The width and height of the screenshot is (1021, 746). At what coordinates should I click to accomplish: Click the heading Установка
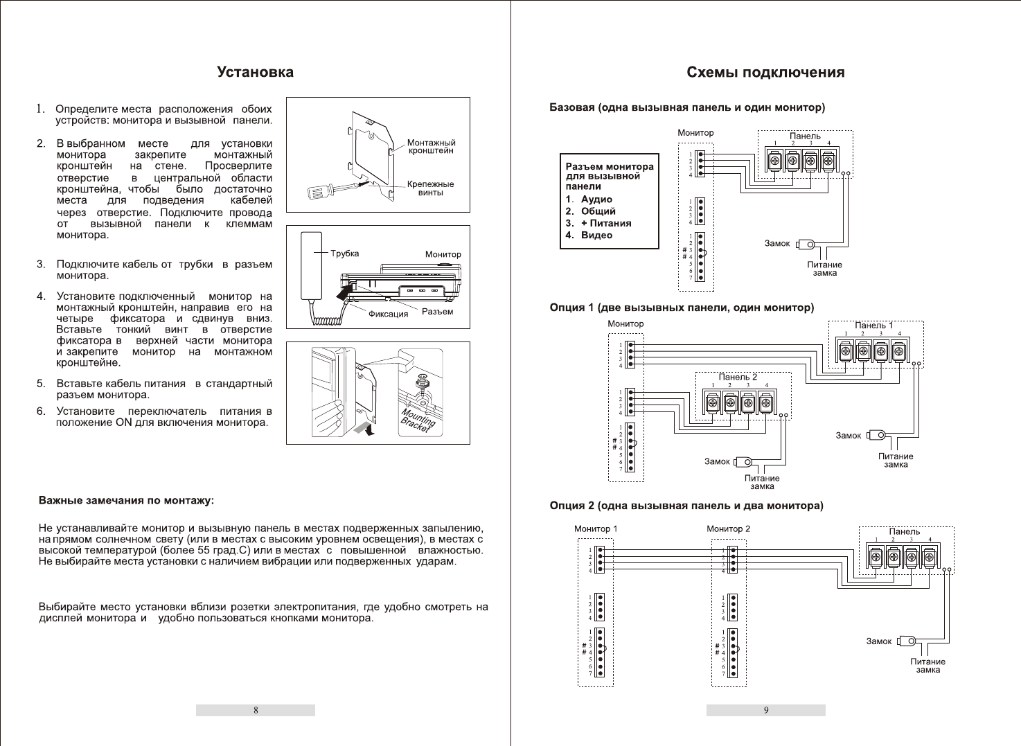tap(255, 72)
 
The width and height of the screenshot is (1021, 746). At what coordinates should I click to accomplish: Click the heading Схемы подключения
tap(765, 72)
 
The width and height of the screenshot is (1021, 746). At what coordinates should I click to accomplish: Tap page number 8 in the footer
tap(256, 710)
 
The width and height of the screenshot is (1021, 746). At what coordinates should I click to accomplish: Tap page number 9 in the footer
tap(766, 710)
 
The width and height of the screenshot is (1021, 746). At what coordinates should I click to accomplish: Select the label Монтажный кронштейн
tap(431, 147)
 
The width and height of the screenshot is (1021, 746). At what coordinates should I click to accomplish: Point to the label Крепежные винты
tap(430, 188)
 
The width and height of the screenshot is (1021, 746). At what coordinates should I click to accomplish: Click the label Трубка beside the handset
tap(344, 254)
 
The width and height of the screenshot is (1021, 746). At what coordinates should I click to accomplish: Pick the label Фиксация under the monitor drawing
tap(388, 314)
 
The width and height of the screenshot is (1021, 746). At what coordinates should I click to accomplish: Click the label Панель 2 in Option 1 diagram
tap(738, 377)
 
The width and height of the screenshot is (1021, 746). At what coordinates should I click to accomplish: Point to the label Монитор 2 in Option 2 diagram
tap(728, 529)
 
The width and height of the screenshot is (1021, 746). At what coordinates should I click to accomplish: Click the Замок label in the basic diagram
tap(777, 244)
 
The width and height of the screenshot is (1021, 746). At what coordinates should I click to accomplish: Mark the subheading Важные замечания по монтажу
tap(126, 499)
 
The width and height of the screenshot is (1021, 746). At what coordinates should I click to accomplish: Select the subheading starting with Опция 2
tap(686, 506)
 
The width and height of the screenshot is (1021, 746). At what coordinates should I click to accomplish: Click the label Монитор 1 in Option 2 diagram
tap(596, 529)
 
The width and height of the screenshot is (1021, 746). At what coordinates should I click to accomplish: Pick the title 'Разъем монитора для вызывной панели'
tap(609, 176)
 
